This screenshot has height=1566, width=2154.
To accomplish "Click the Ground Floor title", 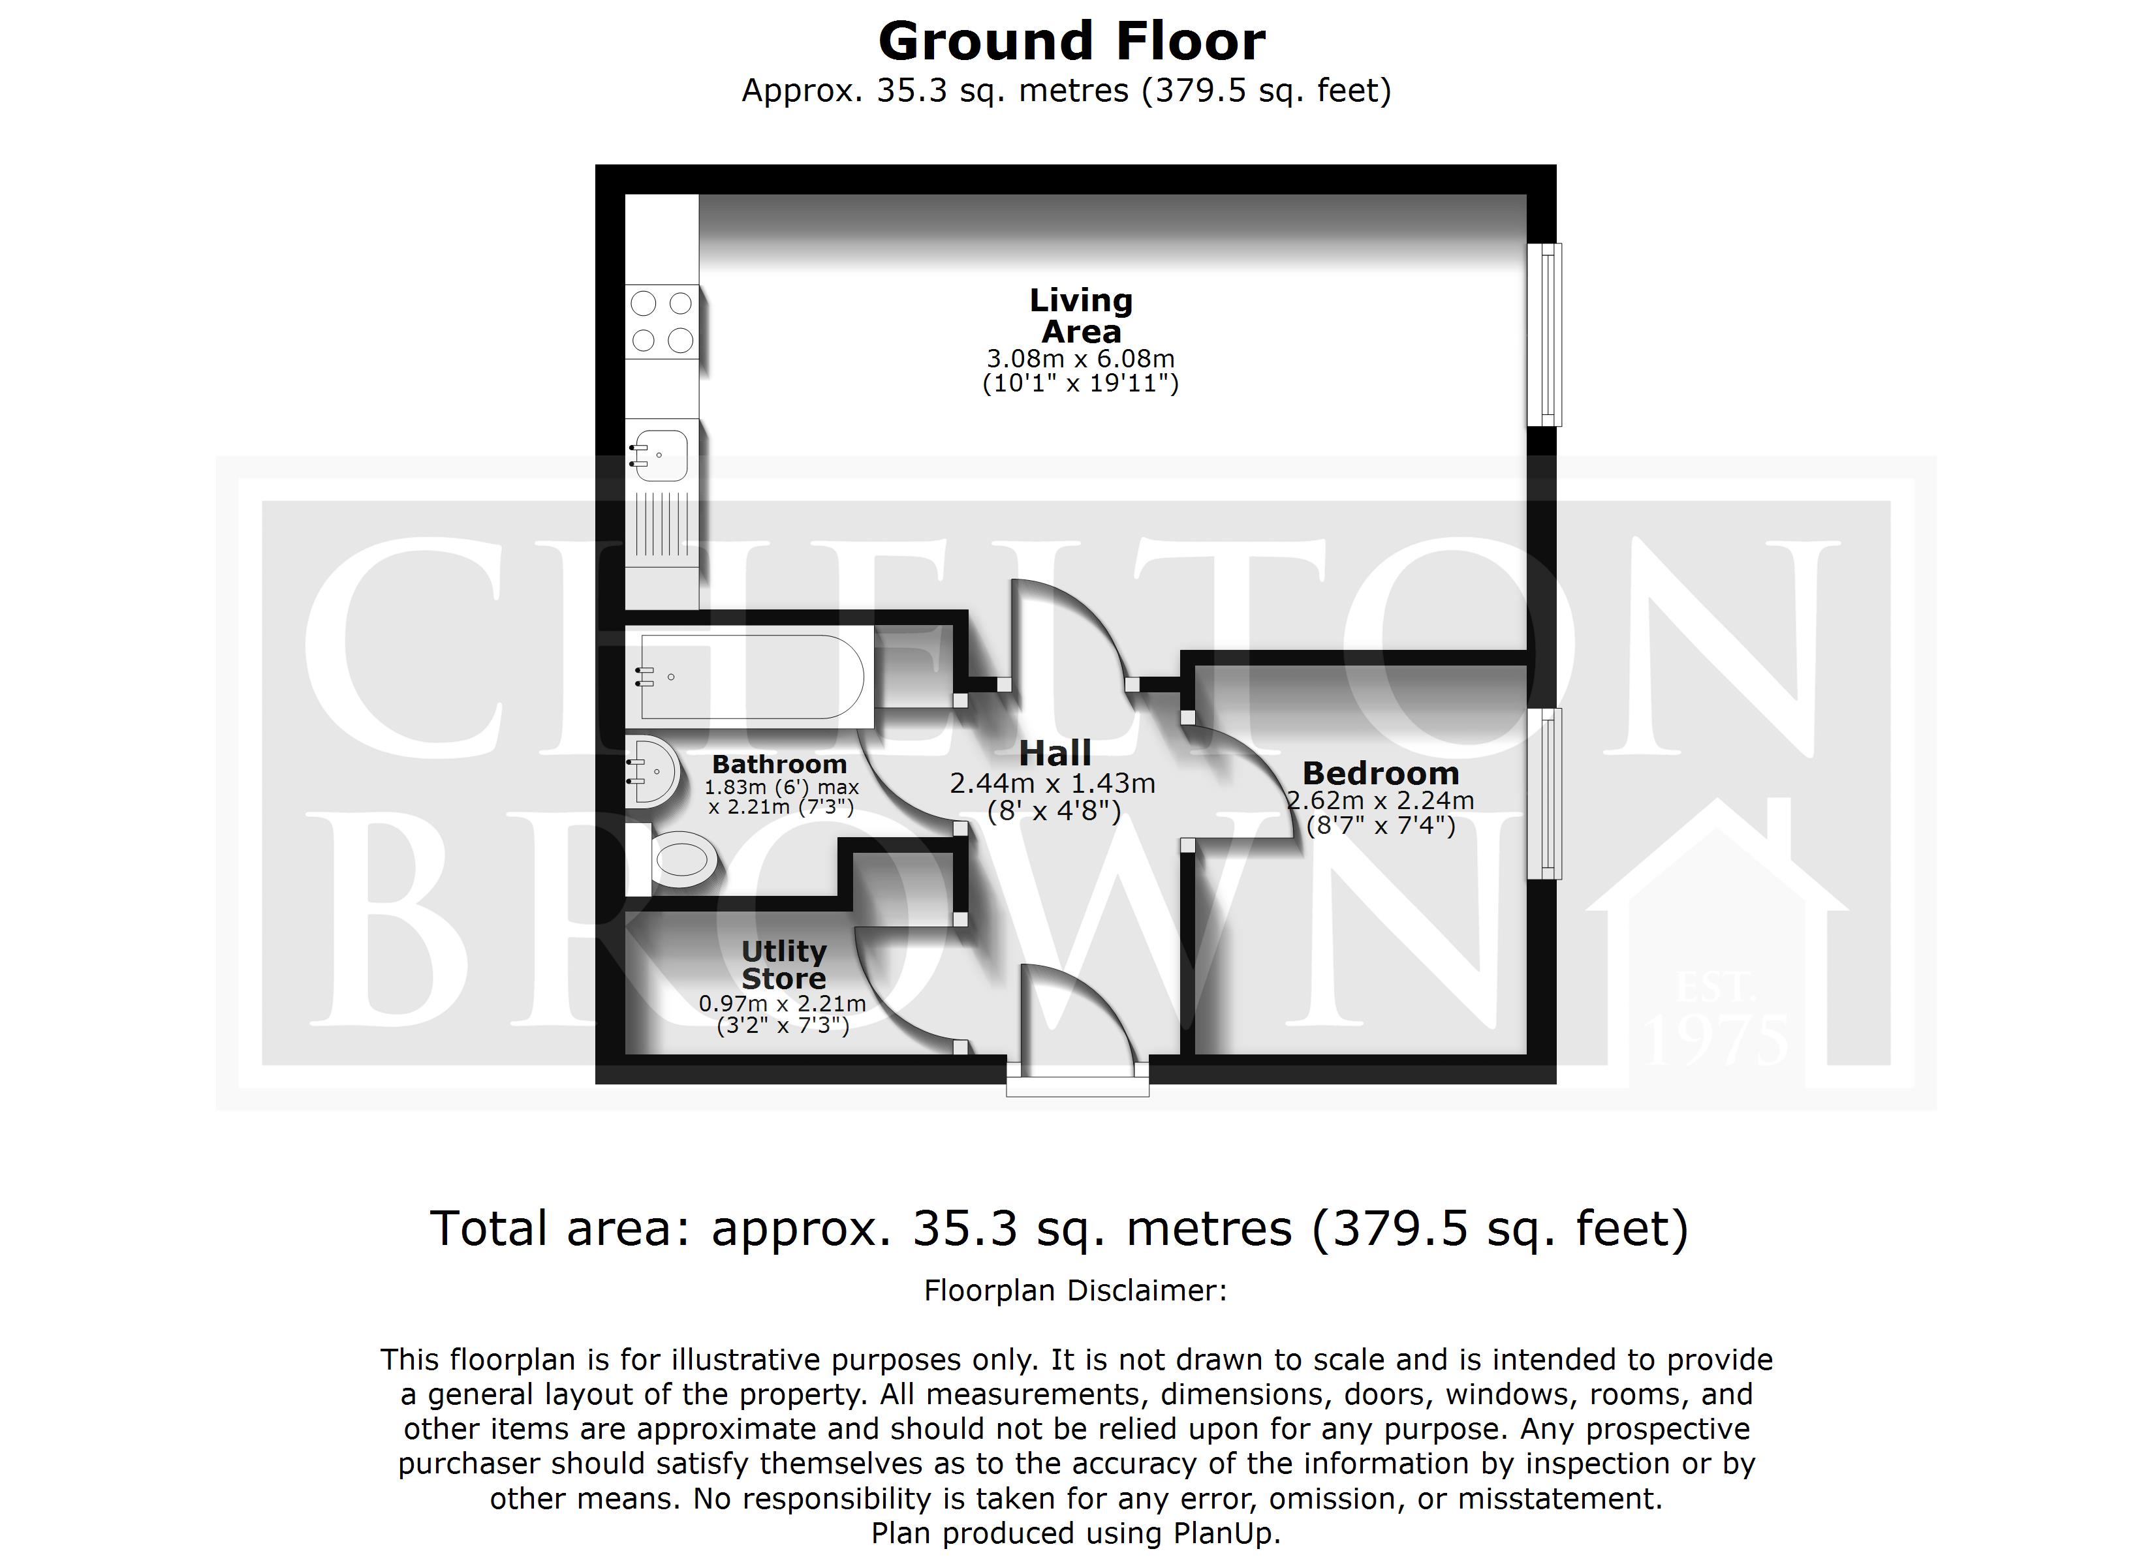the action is coord(1071,42).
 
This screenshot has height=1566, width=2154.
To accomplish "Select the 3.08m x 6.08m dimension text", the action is coord(1081,359).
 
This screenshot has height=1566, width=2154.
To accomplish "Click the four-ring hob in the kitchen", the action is coord(662,322).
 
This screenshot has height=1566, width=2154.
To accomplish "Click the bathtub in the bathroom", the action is coord(750,677).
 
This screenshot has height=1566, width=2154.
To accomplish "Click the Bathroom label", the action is coord(779,765).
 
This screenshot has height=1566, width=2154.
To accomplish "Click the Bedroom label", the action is coord(1380,773).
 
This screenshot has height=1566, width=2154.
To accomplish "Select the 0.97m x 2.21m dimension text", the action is coord(783,1004).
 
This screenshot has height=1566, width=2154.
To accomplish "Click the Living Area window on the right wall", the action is coord(1544,334).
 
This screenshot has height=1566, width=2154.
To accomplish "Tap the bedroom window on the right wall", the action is coord(1544,793).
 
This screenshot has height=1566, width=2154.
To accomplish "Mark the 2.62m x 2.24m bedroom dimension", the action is coord(1380,801).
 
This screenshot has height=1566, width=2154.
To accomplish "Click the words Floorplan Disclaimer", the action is coord(1075,1291).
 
